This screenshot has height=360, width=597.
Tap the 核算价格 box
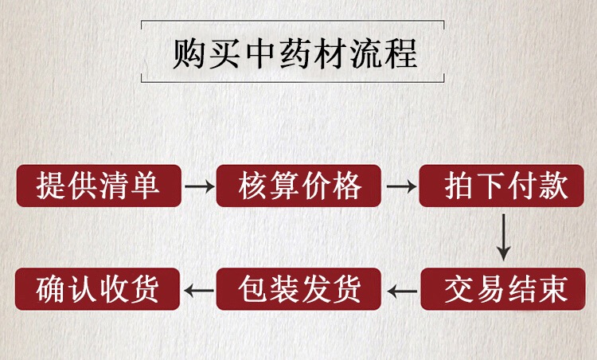[x=300, y=186]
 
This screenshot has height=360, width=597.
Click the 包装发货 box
[x=300, y=288]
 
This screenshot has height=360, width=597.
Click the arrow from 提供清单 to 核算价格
[x=199, y=187]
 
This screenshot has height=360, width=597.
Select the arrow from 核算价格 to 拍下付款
[x=401, y=187]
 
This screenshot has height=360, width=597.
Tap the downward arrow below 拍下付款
[x=503, y=237]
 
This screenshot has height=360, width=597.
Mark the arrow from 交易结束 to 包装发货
[x=402, y=289]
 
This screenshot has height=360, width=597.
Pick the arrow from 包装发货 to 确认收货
[x=199, y=289]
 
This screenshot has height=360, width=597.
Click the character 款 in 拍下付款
[x=553, y=186]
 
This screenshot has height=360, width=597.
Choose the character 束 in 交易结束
[x=553, y=288]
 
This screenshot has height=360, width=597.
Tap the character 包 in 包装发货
[x=253, y=288]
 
